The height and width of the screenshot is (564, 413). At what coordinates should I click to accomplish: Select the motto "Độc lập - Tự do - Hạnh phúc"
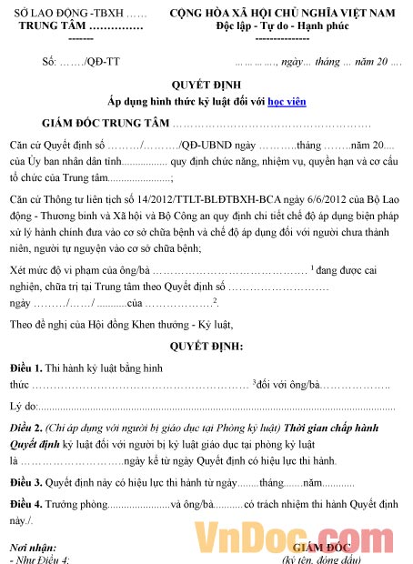[x=283, y=27]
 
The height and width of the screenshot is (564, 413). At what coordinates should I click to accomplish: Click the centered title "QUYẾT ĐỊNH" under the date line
[x=207, y=87]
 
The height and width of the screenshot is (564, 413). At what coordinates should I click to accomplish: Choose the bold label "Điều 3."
[x=27, y=481]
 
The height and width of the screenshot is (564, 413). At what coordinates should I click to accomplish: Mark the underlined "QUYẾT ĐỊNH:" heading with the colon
[x=207, y=347]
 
